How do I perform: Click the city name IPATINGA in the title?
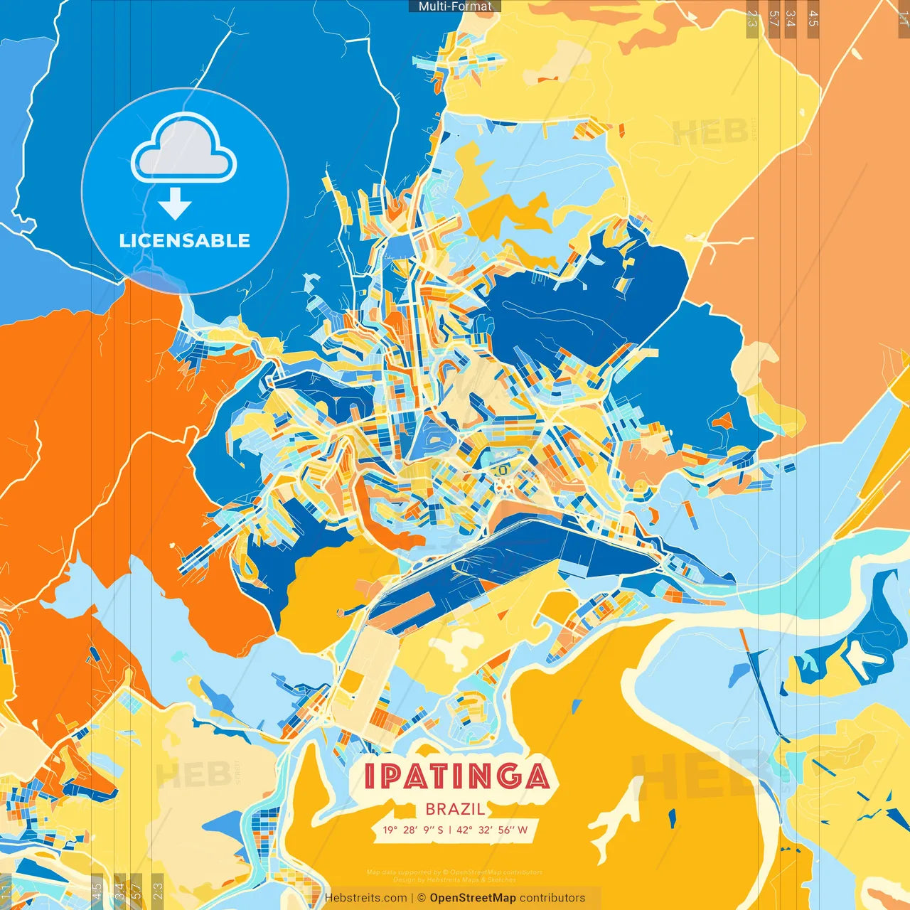coord(456,776)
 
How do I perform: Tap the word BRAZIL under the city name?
coord(455,809)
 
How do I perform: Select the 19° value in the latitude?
coord(390,830)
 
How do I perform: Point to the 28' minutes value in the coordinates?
coord(410,830)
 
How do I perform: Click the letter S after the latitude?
coord(440,830)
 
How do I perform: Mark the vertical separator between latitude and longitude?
coord(449,830)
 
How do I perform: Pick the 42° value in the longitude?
coord(463,830)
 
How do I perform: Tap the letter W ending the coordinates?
coord(523,830)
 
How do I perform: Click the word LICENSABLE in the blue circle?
coord(185,240)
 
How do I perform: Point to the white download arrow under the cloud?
coord(175,204)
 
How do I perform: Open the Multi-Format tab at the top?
coord(455,6)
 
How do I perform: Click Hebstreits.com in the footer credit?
coord(365,898)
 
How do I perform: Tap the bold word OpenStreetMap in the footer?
coord(473,898)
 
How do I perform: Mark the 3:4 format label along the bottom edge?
coord(119,892)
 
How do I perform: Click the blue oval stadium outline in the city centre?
coord(500,469)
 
